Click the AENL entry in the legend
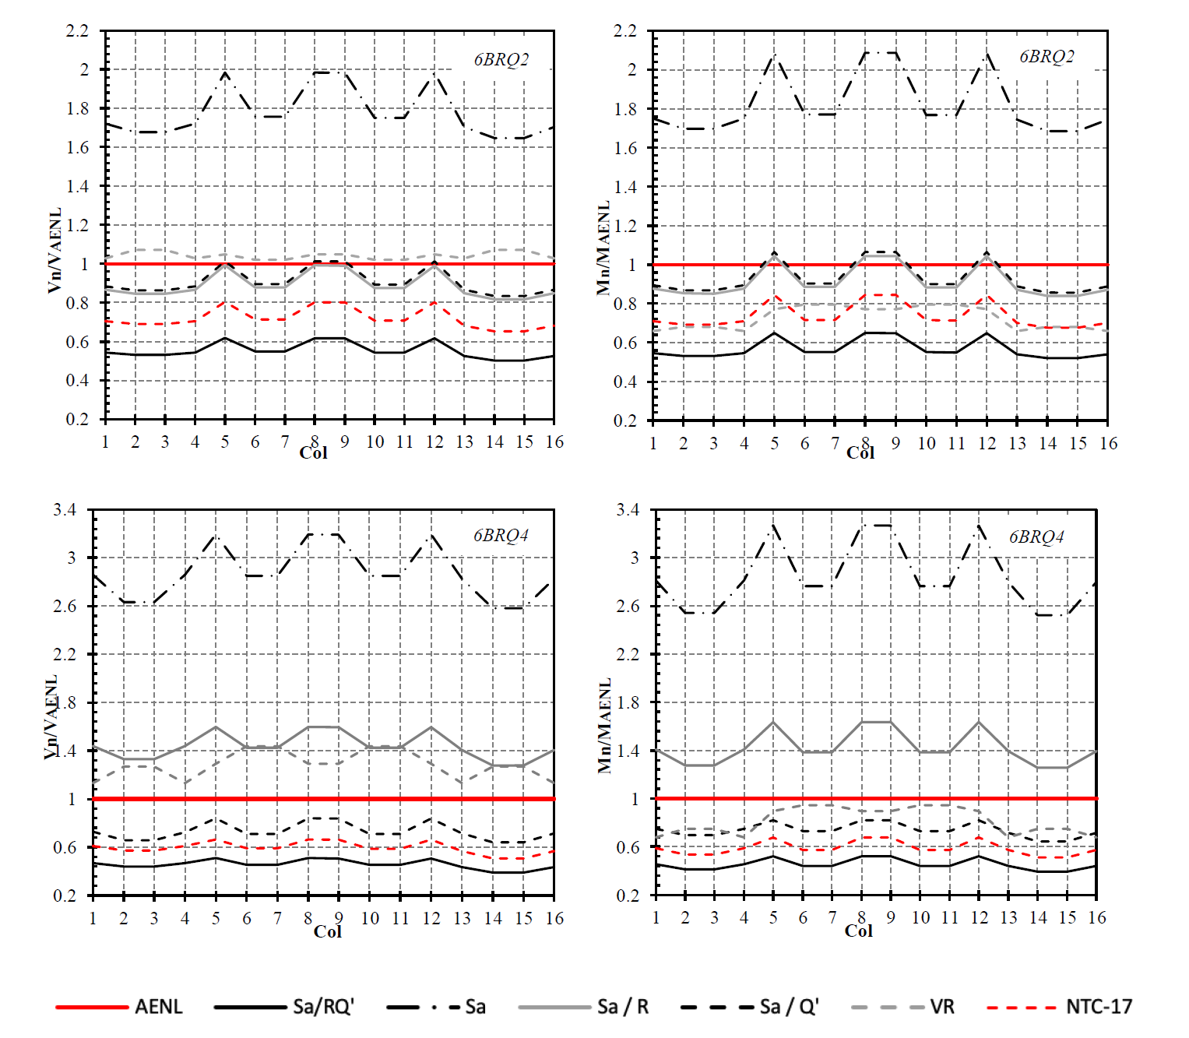(158, 1007)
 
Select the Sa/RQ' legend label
(323, 1007)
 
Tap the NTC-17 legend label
(1098, 1007)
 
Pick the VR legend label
(942, 1007)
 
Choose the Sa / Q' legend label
(789, 1007)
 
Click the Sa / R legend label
(622, 1007)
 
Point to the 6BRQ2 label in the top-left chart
(501, 60)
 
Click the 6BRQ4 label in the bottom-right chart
(1036, 537)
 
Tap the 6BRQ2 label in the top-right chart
(1047, 57)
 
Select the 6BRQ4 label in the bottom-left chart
(501, 536)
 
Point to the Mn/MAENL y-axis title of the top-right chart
(603, 249)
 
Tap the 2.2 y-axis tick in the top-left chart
(78, 31)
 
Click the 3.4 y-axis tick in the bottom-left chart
(65, 510)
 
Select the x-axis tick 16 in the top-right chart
(1108, 443)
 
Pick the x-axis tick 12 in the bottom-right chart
(979, 917)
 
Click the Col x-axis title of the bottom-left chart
(327, 931)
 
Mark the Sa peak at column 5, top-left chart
(225, 72)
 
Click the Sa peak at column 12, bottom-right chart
(979, 526)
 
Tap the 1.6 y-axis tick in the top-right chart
(625, 148)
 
